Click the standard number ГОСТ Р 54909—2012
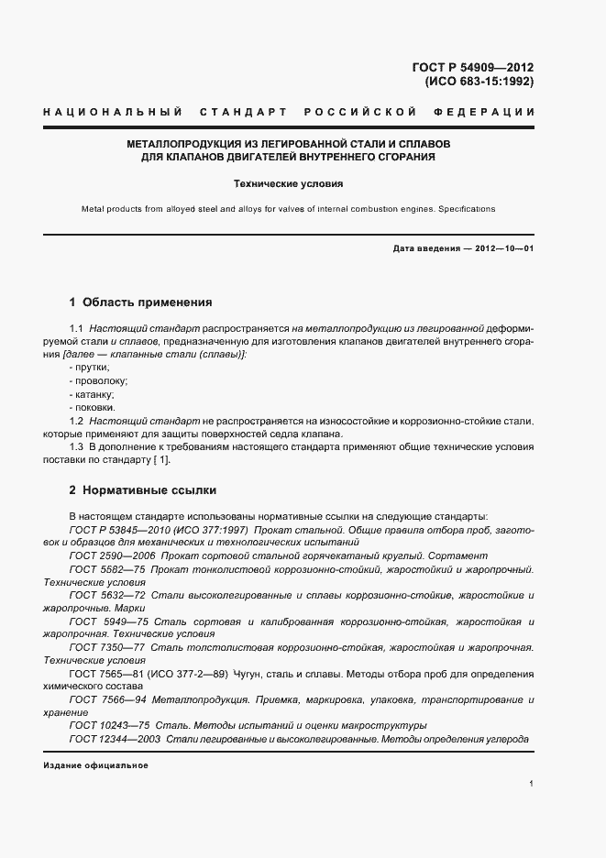click(x=475, y=67)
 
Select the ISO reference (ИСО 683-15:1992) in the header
click(x=478, y=81)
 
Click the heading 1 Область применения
click(x=141, y=302)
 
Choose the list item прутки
click(x=88, y=367)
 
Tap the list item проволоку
click(x=98, y=379)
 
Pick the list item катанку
click(x=92, y=393)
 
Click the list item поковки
click(x=93, y=406)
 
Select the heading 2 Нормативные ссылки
click(x=143, y=490)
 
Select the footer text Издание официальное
click(x=95, y=764)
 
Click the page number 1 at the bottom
click(x=532, y=783)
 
